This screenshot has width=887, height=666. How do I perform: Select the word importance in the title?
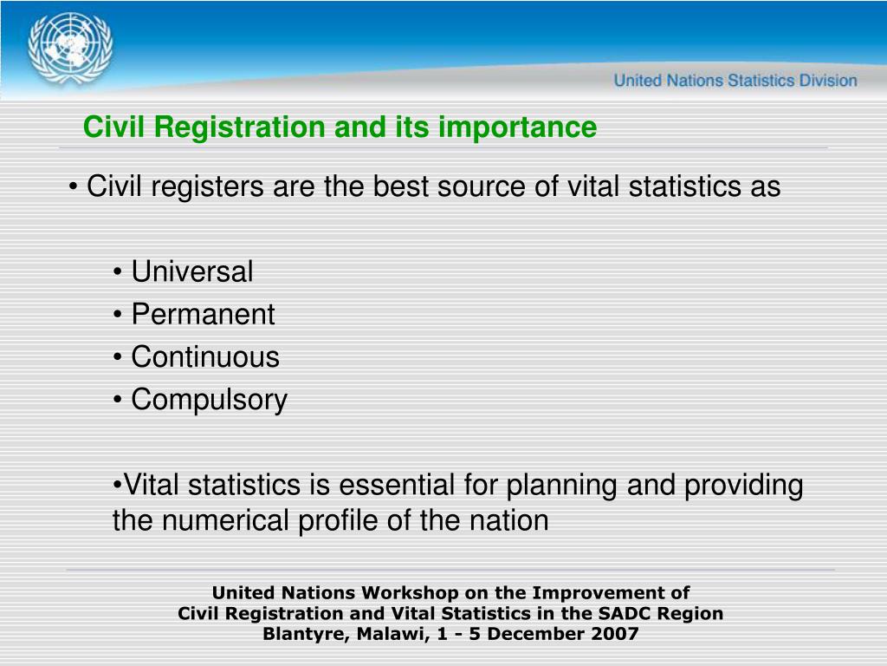(x=517, y=127)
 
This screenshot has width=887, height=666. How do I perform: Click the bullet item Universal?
(x=192, y=272)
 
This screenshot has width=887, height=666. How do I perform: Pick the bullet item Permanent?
(x=203, y=315)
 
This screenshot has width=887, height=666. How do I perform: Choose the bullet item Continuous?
(x=205, y=357)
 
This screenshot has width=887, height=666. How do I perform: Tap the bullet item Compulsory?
(x=209, y=400)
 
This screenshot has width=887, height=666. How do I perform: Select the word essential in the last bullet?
(x=395, y=486)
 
